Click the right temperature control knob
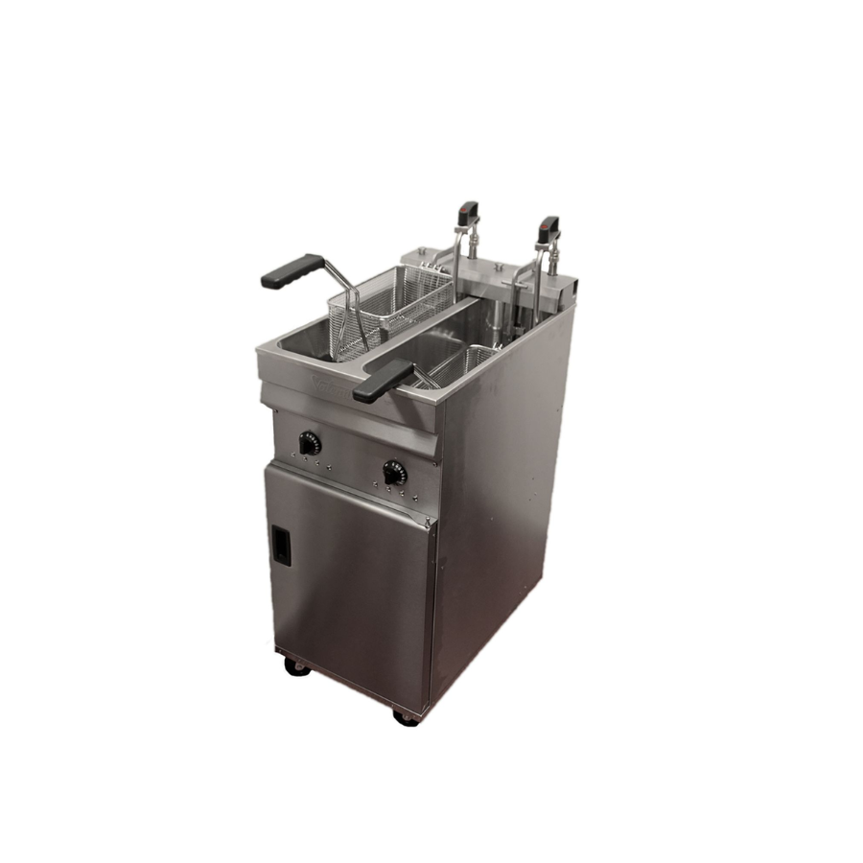pos(394,473)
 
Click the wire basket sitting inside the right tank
pos(460,364)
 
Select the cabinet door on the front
pos(350,575)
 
